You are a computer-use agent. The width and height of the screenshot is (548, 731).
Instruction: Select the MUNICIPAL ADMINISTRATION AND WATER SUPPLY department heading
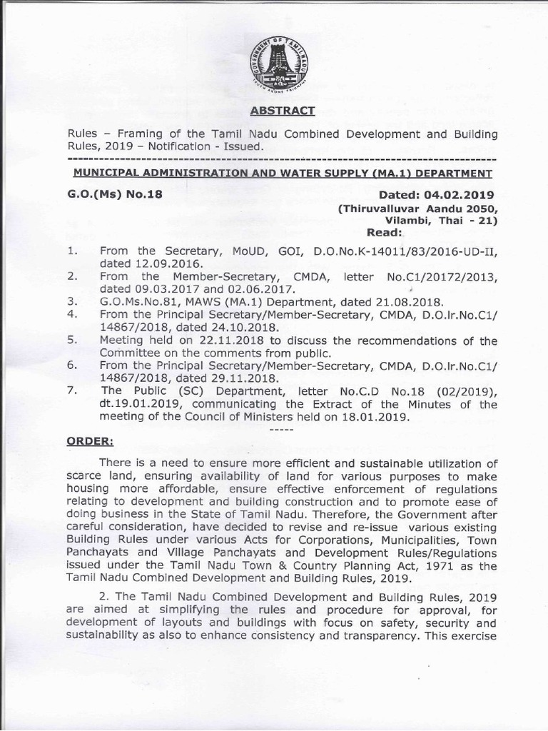283,173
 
